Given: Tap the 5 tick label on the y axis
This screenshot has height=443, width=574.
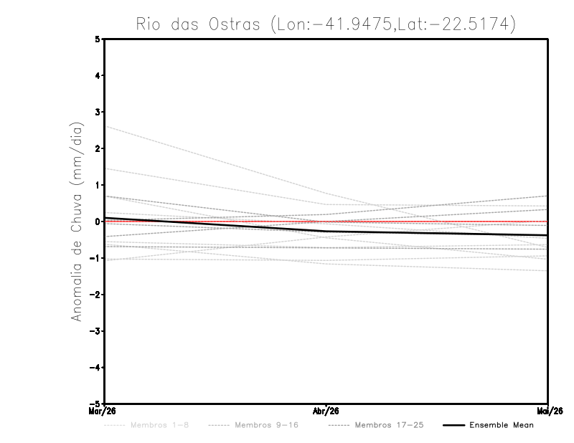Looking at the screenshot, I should point(98,39).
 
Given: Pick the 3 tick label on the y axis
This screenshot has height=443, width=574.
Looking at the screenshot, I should point(98,112).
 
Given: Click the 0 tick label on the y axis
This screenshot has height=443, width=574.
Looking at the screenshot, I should point(98,221).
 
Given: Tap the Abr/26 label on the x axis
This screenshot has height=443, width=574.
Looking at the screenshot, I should point(326,411).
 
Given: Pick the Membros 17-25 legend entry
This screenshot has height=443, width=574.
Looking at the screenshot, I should point(377,425).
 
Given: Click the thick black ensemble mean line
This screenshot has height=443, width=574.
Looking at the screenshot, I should point(326,231).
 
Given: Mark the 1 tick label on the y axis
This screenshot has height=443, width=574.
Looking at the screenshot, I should point(98,185).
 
